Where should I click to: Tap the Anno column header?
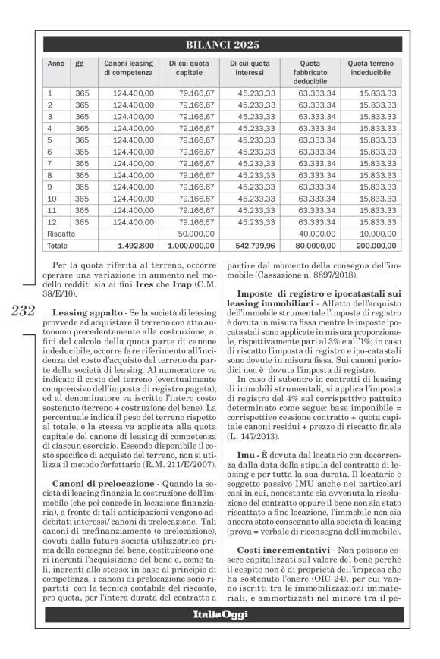(56, 63)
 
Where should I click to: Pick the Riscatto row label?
(61, 234)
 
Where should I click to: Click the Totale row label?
(58, 246)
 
